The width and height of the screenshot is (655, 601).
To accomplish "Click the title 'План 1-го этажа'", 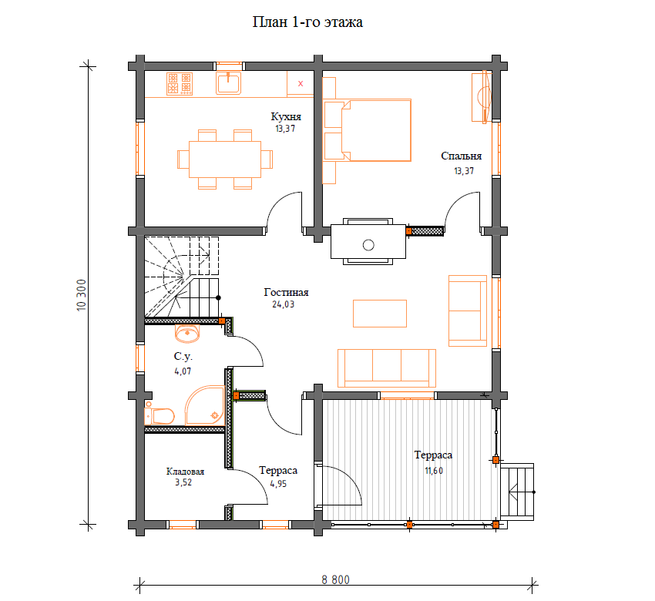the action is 307,22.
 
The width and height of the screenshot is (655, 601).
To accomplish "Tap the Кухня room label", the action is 286,116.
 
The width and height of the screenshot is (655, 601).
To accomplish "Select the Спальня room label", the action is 461,156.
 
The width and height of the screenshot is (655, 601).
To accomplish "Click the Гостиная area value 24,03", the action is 284,304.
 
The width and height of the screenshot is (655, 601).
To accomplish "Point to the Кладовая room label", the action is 185,472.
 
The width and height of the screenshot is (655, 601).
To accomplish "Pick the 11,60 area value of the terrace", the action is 434,471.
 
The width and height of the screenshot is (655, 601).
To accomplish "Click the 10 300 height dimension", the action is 82,294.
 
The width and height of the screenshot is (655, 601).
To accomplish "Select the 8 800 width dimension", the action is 335,579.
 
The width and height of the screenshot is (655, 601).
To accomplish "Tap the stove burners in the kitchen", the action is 180,83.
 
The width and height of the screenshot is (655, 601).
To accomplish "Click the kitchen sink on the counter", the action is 229,82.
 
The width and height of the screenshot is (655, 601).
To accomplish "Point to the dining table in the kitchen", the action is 225,159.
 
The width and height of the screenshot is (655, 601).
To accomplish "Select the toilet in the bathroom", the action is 160,415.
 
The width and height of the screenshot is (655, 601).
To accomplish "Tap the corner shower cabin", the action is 205,405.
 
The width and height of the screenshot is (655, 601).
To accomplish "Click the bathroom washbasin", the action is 187,333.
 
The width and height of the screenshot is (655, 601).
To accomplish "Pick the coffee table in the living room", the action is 380,314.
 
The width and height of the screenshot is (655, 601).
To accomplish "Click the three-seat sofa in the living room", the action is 386,368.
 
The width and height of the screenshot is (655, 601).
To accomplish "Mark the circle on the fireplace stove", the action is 368,245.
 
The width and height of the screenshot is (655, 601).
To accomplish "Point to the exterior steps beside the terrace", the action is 517,492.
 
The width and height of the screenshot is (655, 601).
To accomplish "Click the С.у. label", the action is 183,356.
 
